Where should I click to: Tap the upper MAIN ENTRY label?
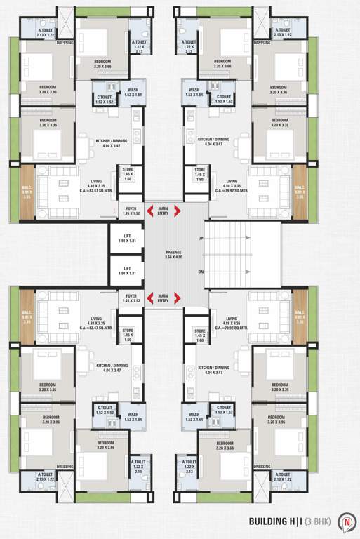163,210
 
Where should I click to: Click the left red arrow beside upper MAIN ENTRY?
150,210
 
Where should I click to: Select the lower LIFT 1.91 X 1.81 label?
127,270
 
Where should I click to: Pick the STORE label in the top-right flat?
200,172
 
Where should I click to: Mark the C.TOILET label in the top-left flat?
105,99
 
